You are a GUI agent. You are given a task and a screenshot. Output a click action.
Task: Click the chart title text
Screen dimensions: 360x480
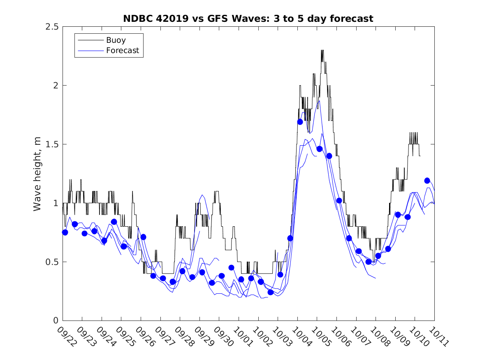click(248, 19)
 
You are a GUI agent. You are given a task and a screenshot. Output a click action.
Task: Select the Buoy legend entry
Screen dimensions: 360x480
click(116, 40)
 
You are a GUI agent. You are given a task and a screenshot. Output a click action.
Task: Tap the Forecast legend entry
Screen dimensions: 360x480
click(123, 51)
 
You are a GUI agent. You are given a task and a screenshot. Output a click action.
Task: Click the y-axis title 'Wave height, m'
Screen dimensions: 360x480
click(37, 173)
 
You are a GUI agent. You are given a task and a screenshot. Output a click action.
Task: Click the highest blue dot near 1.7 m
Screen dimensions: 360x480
click(300, 122)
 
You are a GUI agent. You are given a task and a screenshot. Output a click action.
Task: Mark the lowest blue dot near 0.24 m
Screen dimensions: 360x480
click(271, 292)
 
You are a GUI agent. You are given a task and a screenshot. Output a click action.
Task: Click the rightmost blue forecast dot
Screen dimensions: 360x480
click(427, 181)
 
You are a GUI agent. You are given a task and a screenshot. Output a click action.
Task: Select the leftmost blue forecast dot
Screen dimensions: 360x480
click(65, 232)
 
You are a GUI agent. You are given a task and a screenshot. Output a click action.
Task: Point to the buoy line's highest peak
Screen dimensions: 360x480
click(322, 50)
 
